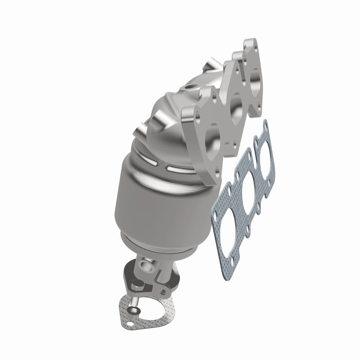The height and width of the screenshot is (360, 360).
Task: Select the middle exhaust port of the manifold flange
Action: coord(234,106)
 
